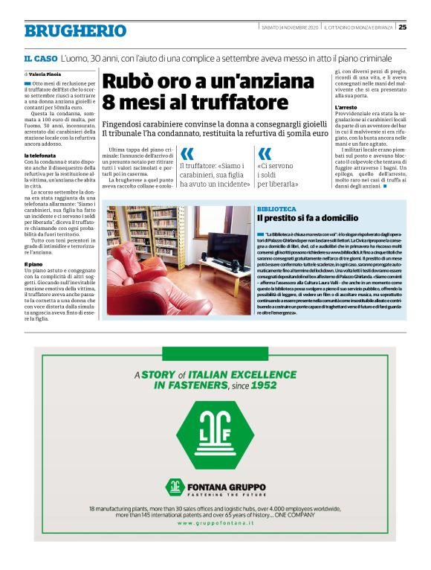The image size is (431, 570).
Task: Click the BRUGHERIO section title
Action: [75, 31]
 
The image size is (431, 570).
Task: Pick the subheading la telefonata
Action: [42, 155]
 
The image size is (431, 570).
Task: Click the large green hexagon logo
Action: [215, 435]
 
